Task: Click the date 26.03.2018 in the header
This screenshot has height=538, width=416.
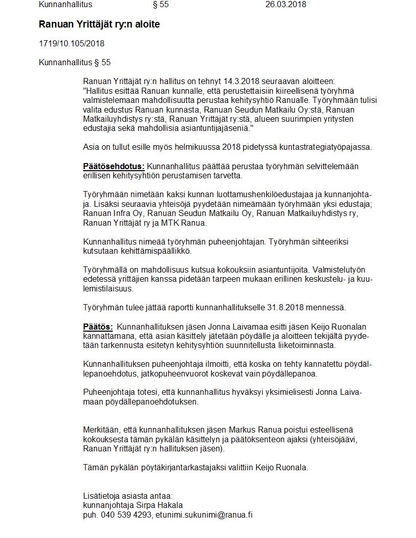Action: tap(285, 5)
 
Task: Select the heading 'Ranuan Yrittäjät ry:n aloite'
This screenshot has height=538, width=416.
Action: tap(99, 24)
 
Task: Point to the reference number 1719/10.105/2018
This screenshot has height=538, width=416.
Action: tap(71, 44)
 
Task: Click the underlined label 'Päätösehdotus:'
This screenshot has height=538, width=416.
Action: tap(114, 167)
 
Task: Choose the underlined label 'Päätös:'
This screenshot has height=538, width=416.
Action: tap(98, 327)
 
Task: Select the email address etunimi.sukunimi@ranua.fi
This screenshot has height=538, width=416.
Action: tap(204, 515)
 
